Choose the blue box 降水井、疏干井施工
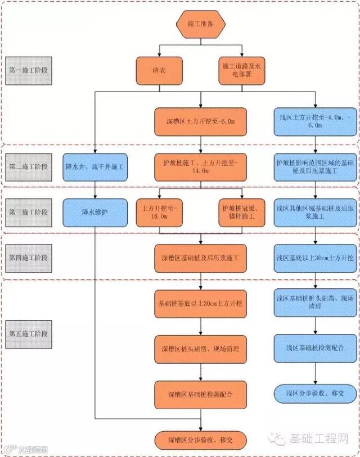click(94, 167)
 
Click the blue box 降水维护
click(94, 212)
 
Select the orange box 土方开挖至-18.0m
click(160, 212)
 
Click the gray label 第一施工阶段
click(28, 71)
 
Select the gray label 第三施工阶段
click(28, 212)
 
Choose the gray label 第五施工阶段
click(28, 333)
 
